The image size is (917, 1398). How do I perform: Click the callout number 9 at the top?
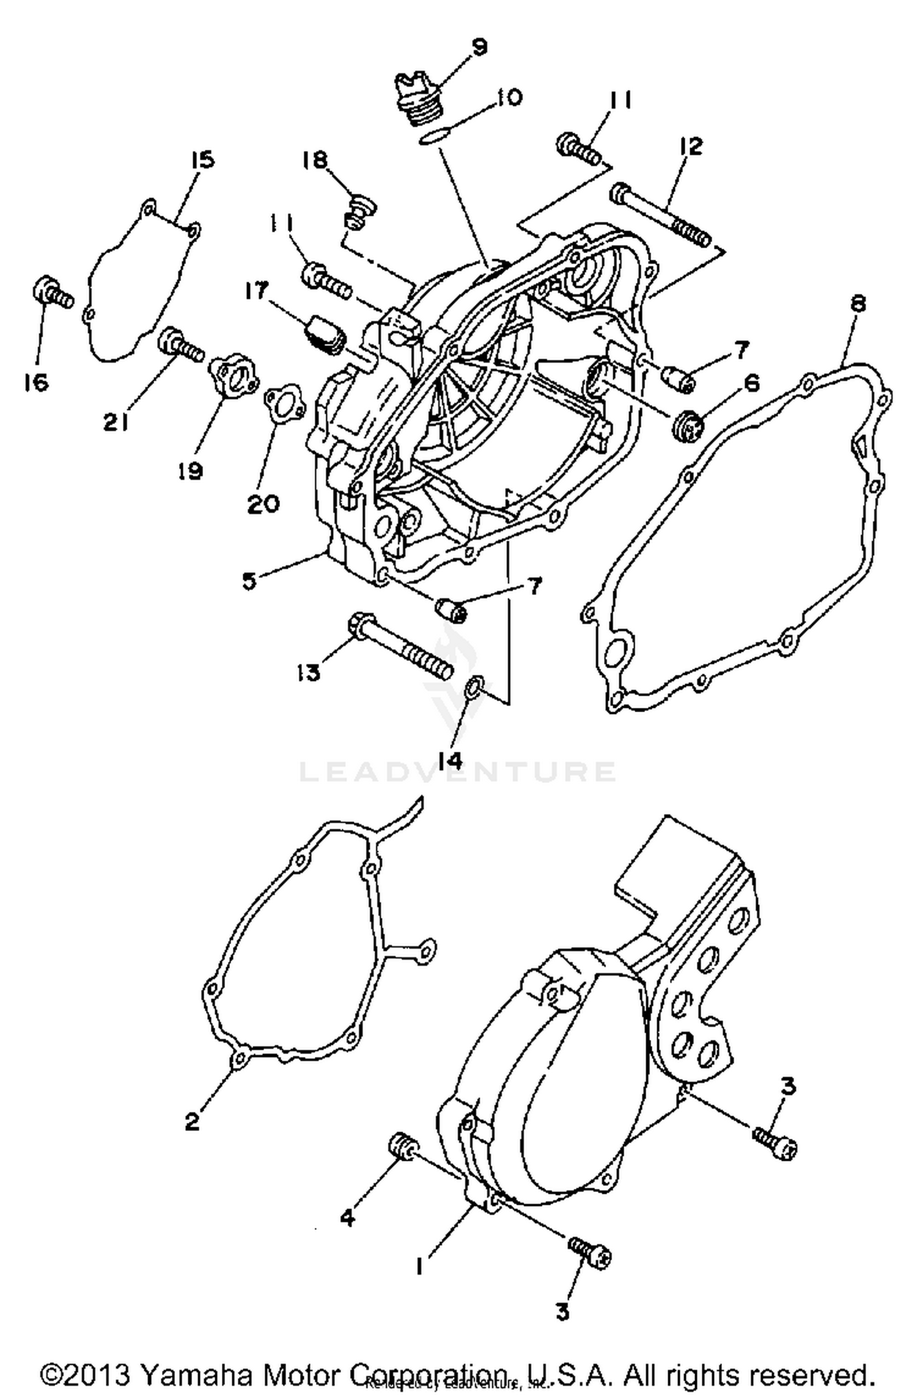pyautogui.click(x=479, y=47)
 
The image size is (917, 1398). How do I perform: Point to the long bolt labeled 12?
pyautogui.click(x=660, y=215)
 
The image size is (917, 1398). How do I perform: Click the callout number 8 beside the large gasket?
pyautogui.click(x=858, y=303)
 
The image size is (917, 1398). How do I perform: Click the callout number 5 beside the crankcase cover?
pyautogui.click(x=249, y=581)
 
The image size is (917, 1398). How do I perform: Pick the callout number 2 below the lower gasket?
pyautogui.click(x=193, y=1122)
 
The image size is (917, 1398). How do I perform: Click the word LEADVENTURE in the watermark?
pyautogui.click(x=457, y=771)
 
